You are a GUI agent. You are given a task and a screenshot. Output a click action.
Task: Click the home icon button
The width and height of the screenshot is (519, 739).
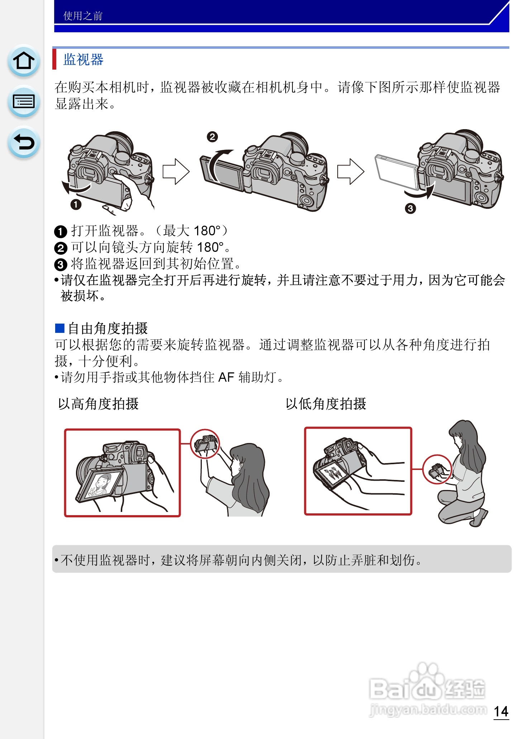(x=24, y=60)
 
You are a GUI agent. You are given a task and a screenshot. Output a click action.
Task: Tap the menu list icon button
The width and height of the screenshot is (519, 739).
(x=24, y=102)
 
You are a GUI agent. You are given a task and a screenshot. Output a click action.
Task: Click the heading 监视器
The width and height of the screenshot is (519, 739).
(x=83, y=60)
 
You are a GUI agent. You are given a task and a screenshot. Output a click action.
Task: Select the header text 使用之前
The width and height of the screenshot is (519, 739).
(x=83, y=16)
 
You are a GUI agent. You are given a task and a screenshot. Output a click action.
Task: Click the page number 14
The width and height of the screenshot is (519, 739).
(x=501, y=712)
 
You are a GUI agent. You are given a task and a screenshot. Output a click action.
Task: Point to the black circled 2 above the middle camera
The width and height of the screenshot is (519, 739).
(x=212, y=137)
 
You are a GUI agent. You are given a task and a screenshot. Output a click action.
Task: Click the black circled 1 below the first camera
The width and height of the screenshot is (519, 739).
(x=76, y=204)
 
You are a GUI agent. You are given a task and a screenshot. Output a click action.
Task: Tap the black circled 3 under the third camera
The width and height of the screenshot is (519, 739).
(x=410, y=208)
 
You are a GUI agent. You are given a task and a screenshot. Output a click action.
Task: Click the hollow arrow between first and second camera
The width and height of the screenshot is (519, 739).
(x=176, y=172)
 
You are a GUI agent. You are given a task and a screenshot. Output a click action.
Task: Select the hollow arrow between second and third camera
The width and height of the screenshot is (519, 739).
(x=351, y=172)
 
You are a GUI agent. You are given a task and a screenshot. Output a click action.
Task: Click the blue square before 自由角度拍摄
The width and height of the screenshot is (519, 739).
(x=59, y=328)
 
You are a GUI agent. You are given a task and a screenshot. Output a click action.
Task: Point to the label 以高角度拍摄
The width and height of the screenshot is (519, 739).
(x=98, y=404)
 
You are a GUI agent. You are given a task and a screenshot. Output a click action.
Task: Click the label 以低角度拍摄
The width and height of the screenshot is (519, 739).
(x=326, y=404)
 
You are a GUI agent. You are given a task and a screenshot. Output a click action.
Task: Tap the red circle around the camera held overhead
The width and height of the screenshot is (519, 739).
(x=205, y=444)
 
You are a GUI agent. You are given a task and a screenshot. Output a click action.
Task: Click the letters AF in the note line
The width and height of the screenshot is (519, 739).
(x=226, y=377)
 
